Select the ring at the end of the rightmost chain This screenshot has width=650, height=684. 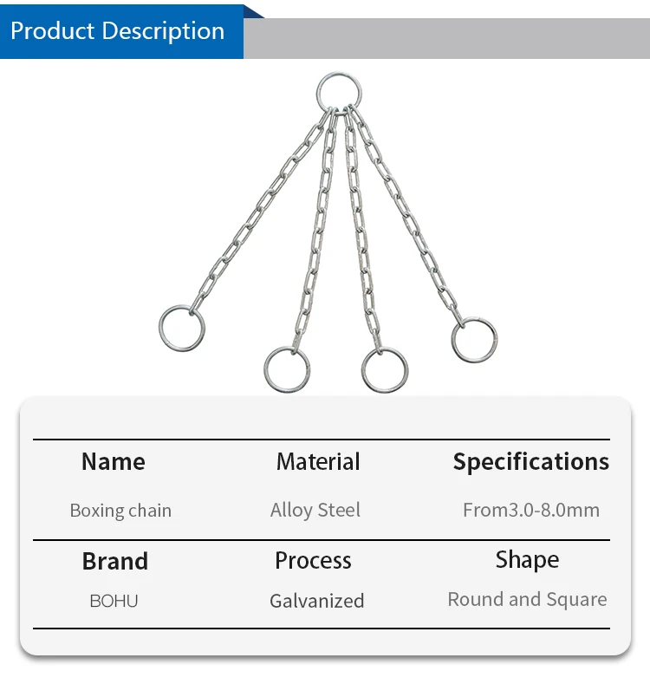[x=474, y=340]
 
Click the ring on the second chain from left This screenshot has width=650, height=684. [x=287, y=369]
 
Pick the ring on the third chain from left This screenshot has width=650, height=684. [x=385, y=370]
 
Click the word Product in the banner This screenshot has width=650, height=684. [x=53, y=31]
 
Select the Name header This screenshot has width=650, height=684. [x=114, y=462]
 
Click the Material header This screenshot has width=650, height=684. [x=318, y=462]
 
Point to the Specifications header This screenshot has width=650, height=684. [x=530, y=462]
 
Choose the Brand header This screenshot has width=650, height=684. [x=115, y=561]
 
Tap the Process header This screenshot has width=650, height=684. [x=313, y=561]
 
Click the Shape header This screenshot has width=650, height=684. [x=527, y=560]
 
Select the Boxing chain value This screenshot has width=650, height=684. [x=120, y=511]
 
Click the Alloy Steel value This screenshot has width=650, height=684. [x=315, y=510]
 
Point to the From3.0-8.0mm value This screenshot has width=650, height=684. [x=530, y=510]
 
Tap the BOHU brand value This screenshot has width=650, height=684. [x=114, y=601]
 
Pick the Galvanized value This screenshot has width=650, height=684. [x=316, y=601]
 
